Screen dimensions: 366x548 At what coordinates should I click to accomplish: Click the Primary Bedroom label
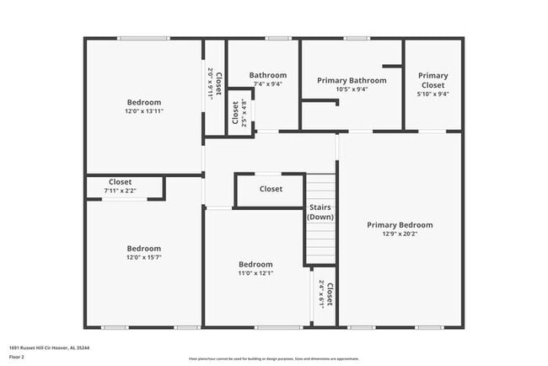tap(400, 225)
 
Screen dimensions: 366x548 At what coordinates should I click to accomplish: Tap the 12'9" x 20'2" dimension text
tap(400, 235)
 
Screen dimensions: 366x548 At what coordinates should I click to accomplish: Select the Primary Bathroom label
tap(352, 81)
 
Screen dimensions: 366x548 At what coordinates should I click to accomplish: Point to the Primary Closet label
tap(433, 80)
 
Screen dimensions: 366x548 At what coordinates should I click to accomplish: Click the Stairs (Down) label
tap(320, 211)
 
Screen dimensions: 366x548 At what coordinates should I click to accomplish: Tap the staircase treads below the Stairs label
tap(320, 245)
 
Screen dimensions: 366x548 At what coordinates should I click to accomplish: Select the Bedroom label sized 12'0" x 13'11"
tap(143, 103)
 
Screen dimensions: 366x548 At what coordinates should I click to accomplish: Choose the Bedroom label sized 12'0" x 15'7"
tap(143, 249)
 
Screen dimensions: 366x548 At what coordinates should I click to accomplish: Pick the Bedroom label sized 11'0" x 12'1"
tap(255, 264)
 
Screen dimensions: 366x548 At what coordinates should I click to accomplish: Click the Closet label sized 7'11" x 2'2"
tap(121, 182)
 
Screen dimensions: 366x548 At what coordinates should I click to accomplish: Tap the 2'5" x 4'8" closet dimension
tap(244, 112)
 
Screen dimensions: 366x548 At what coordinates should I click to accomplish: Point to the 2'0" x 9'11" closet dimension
tap(210, 84)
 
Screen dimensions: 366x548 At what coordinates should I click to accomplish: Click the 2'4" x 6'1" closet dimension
tap(321, 295)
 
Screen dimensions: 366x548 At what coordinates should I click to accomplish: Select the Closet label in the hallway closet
tap(271, 189)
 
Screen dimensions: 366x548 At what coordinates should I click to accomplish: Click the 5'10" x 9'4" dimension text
tap(433, 94)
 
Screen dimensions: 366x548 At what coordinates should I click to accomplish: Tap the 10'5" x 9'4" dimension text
tap(352, 90)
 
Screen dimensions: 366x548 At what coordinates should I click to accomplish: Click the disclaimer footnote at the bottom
tap(273, 358)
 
